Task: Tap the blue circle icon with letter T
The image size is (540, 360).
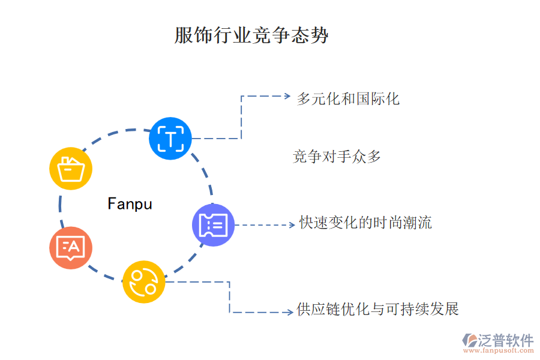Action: [x=170, y=139]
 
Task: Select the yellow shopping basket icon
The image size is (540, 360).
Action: [x=71, y=169]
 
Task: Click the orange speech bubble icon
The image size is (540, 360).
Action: [x=71, y=247]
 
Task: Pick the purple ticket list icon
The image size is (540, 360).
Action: [x=213, y=225]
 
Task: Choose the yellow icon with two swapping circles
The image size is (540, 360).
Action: [x=144, y=281]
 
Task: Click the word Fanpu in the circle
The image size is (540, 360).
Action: [x=130, y=204]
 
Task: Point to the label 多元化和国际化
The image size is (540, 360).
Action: [x=348, y=98]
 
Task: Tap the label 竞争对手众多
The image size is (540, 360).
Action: [x=337, y=157]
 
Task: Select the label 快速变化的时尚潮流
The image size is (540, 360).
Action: [x=365, y=223]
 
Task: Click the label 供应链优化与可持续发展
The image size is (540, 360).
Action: [x=377, y=310]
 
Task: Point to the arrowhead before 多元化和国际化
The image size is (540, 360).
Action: [x=286, y=95]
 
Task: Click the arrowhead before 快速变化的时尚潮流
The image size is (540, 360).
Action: [x=291, y=225]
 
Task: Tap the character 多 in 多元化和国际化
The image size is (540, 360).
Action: [x=304, y=98]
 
